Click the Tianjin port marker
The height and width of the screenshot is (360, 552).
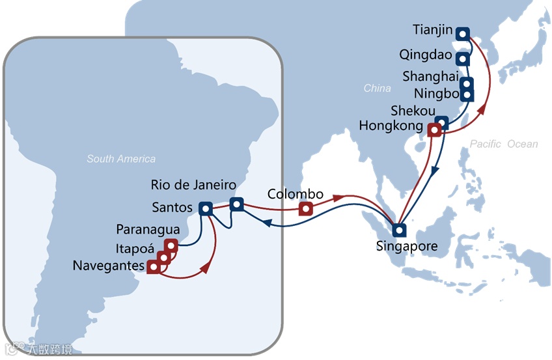point(462,34)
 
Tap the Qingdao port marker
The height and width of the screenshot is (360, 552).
point(462,59)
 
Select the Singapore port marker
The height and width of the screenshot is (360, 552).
point(398,230)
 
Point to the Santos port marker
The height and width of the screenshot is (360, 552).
point(206,209)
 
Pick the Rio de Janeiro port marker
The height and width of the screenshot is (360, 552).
point(236,204)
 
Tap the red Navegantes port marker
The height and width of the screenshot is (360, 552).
point(154,266)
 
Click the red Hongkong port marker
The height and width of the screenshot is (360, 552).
point(434,131)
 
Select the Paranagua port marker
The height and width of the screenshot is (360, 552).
point(171,245)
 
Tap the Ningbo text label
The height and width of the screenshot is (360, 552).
point(435,92)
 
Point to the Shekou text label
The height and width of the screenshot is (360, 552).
point(413,111)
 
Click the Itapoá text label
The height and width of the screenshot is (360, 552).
point(135,249)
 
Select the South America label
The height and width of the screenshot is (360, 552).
point(121,159)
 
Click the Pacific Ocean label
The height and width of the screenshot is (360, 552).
point(504,144)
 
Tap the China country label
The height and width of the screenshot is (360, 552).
point(378,88)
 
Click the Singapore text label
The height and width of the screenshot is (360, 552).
point(406,247)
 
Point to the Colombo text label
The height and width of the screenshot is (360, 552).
point(296,194)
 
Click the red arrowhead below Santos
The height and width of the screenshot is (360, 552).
point(206,268)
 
